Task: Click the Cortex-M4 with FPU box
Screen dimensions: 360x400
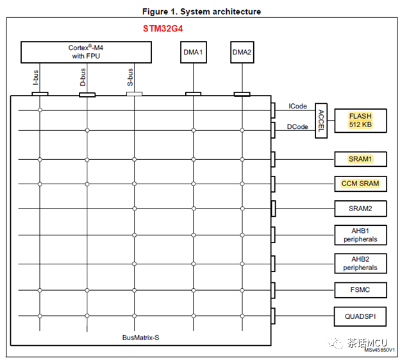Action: point(87,52)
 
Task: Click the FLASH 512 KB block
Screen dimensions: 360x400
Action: point(360,120)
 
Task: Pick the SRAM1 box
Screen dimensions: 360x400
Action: point(360,158)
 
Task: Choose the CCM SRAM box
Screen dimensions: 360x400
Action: point(360,184)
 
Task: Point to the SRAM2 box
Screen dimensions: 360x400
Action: point(360,209)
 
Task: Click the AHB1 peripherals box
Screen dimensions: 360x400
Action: point(360,235)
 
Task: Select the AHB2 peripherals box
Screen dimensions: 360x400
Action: point(360,262)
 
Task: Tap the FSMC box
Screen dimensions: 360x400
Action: point(360,290)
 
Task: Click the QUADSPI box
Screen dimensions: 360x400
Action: point(360,316)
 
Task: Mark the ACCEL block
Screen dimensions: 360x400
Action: point(321,121)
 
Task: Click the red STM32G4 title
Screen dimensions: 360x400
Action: point(163,30)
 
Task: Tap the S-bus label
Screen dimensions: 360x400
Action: point(131,78)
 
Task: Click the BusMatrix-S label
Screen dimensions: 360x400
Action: point(140,337)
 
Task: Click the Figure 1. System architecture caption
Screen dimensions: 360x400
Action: point(201,12)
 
